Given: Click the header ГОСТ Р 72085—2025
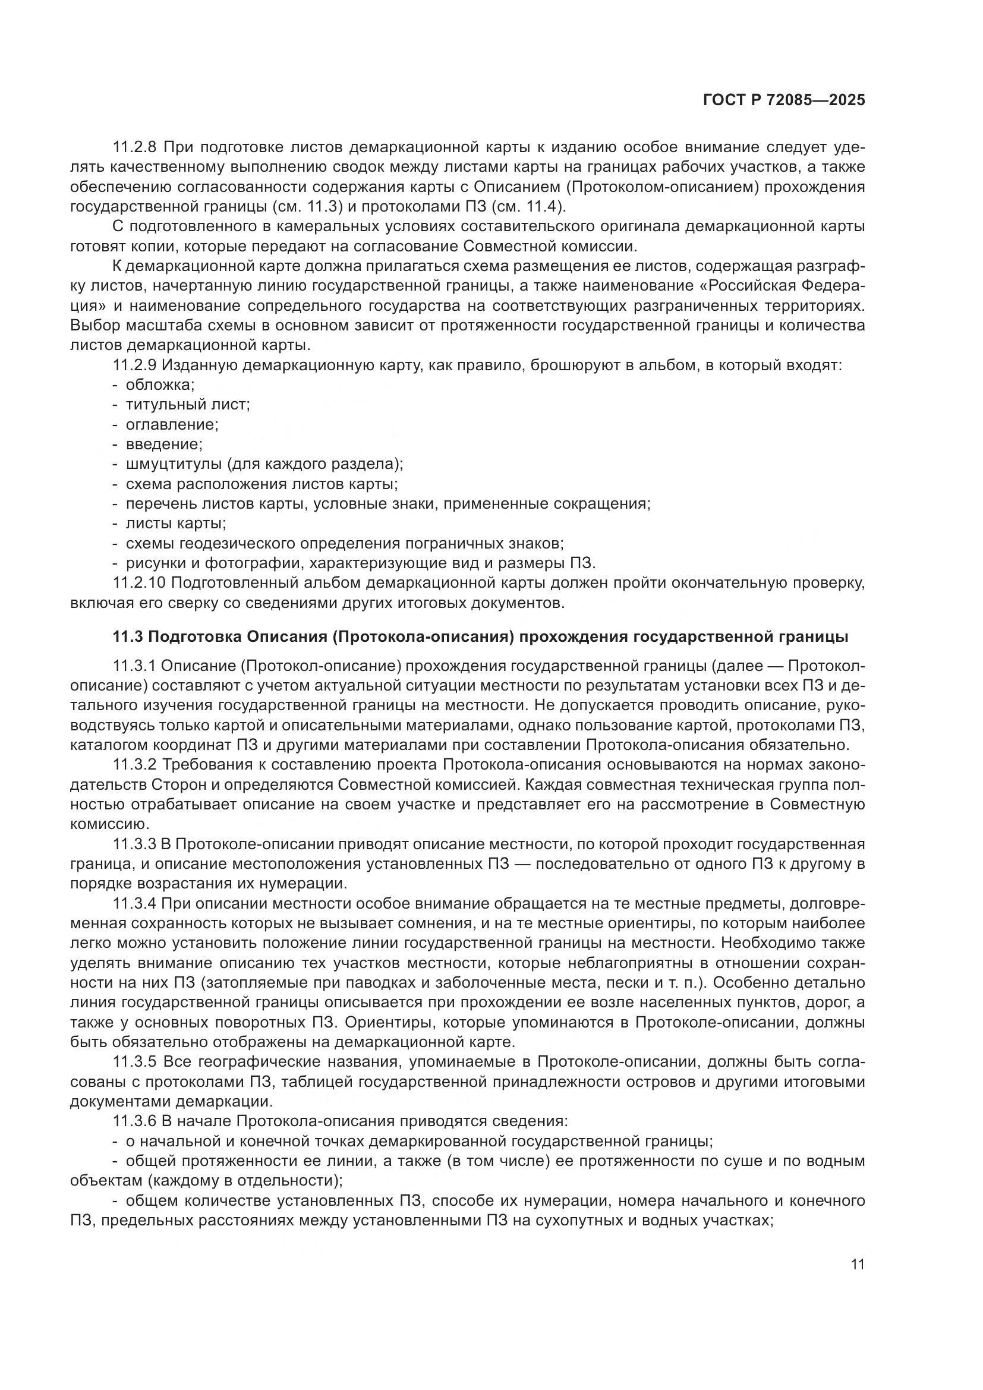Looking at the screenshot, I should [784, 100].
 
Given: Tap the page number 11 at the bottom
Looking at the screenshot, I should [857, 1265].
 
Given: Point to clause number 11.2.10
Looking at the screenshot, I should [140, 583].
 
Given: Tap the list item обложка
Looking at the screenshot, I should [160, 385].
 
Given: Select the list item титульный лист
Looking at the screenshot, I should [188, 405].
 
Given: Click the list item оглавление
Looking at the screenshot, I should [172, 424].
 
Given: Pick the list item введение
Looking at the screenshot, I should [164, 445].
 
